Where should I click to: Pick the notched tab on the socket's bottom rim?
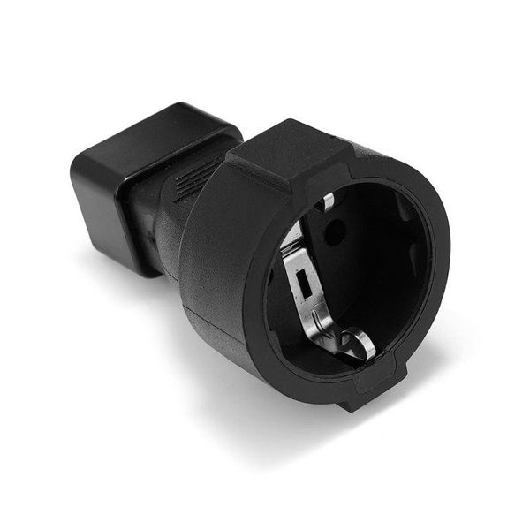click(x=362, y=393)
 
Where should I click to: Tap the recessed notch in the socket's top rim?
click(x=353, y=159)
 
